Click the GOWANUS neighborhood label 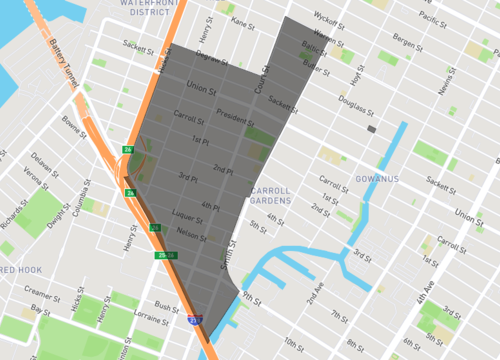[x=377, y=178]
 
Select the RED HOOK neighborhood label [x=20, y=271]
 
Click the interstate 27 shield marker [x=194, y=322]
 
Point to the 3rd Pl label [x=189, y=178]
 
